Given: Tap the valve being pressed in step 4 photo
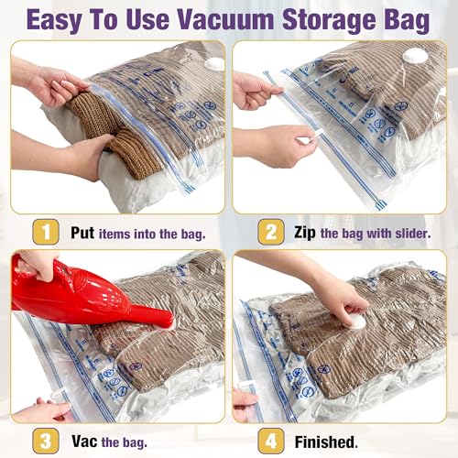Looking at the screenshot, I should (x=353, y=323).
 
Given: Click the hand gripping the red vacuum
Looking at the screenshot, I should (x=37, y=266).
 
